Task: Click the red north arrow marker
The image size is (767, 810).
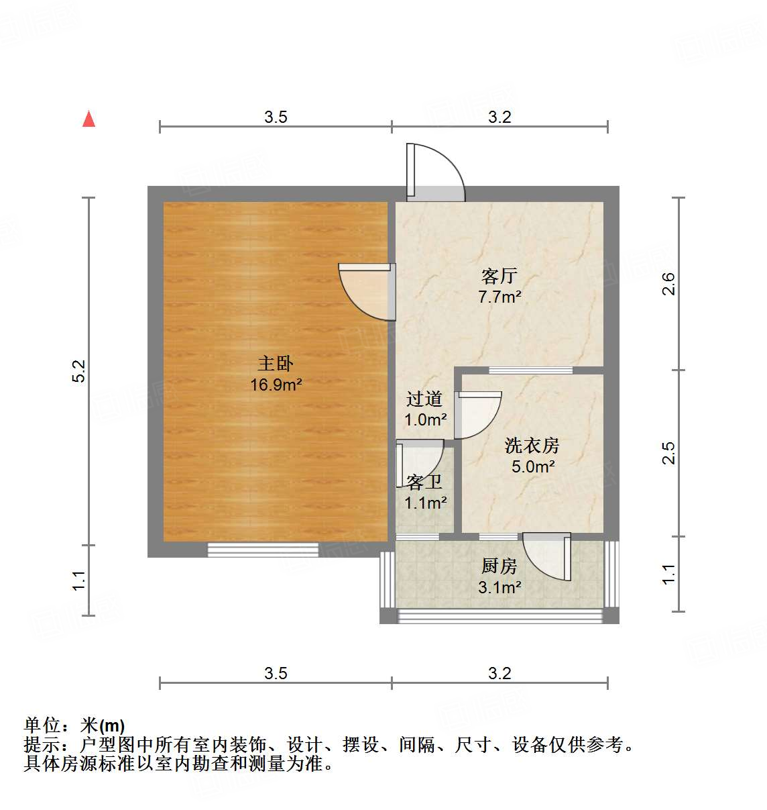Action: [88, 119]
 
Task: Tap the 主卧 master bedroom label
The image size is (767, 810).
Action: [276, 364]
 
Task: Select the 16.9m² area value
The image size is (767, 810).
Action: [276, 385]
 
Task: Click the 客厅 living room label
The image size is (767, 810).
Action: [499, 276]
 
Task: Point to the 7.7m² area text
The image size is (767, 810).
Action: [499, 297]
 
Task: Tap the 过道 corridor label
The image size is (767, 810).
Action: [424, 399]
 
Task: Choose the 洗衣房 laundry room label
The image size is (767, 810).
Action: [532, 446]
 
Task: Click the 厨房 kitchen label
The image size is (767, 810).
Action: [499, 566]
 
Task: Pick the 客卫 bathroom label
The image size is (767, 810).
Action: [424, 482]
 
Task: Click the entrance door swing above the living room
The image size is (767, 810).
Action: [436, 172]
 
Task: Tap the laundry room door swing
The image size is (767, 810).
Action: [477, 415]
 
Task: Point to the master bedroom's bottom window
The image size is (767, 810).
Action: [263, 550]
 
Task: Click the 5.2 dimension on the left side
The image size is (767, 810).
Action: [79, 371]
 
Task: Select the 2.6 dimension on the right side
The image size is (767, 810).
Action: [668, 284]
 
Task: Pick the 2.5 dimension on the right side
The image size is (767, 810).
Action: [668, 453]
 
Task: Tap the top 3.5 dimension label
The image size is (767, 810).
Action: [276, 117]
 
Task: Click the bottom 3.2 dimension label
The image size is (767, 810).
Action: [499, 674]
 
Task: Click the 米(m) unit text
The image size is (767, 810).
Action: [103, 725]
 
